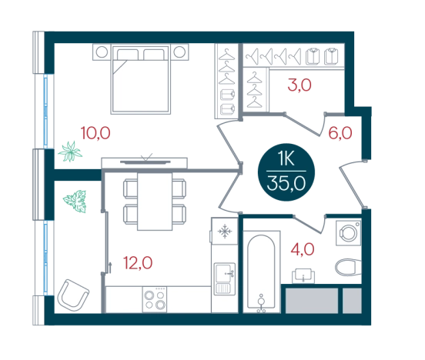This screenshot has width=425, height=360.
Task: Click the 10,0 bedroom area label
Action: pos(95,133)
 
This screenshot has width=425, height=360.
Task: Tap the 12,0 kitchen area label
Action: pos(138,263)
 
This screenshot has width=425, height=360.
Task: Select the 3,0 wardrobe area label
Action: pos(300,85)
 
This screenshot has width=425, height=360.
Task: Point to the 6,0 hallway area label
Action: pos(340,133)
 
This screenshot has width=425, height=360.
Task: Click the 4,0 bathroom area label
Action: pos(303,249)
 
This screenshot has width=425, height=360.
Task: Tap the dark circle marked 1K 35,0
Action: pos(286,172)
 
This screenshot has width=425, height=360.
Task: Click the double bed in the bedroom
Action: pos(140,79)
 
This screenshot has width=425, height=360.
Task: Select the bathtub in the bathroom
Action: pos(261,272)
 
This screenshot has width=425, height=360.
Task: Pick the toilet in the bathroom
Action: pos(348,268)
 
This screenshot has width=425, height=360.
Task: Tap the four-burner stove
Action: pos(155,299)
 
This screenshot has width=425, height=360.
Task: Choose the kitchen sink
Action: pos(225,278)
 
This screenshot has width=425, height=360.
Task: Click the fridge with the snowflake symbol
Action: pos(225,231)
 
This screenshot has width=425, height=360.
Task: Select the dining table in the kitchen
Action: pos(155,202)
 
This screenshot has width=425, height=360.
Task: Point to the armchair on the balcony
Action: pos(73,295)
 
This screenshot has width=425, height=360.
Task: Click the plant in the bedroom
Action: pos(70,152)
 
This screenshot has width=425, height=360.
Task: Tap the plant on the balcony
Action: pos(75,201)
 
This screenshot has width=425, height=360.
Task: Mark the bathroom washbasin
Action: pos(303,275)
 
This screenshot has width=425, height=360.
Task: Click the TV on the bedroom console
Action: pos(146,162)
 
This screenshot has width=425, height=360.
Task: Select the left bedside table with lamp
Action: pos(102,52)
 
